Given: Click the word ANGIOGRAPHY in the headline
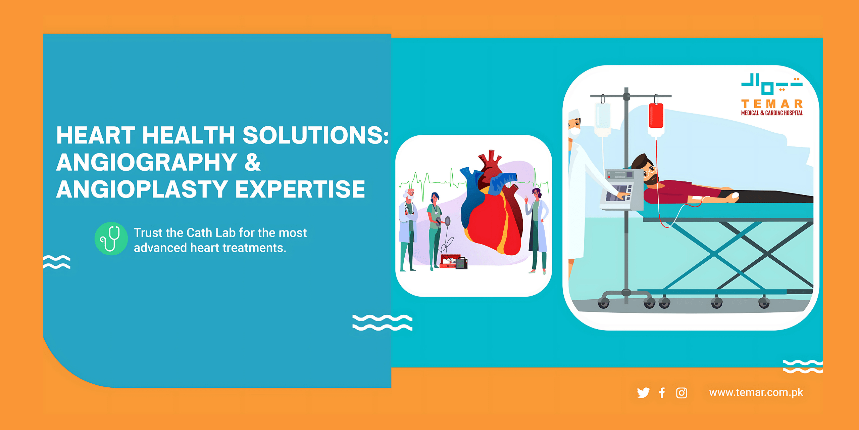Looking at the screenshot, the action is click(147, 162).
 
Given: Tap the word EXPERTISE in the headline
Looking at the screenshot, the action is click(300, 189).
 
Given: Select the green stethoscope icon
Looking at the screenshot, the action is click(111, 239).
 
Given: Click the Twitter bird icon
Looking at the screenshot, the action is click(643, 392).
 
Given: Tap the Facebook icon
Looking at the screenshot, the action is click(662, 392).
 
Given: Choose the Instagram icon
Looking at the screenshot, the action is click(681, 393).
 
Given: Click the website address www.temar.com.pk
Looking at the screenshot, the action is click(756, 392).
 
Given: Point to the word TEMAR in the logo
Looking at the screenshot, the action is click(772, 104).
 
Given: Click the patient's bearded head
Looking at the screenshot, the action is click(645, 170).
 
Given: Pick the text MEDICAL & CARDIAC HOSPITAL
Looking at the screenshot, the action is click(772, 113).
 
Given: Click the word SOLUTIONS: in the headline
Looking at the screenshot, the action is click(316, 135).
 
